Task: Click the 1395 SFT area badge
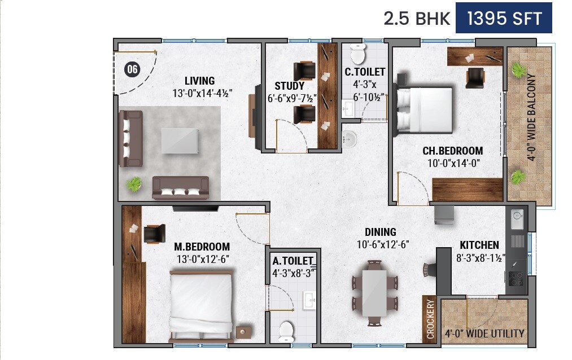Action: (x=504, y=19)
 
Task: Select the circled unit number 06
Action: (x=132, y=70)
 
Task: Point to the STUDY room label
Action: (x=289, y=86)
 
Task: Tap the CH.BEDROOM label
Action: (x=452, y=151)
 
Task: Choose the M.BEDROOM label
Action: (x=202, y=247)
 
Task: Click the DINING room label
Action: (x=380, y=232)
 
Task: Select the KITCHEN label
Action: (x=479, y=245)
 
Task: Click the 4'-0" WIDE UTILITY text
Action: (x=484, y=333)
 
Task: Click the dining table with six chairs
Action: (x=374, y=292)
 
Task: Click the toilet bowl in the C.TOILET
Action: (x=357, y=54)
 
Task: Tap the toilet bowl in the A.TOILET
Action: (x=286, y=330)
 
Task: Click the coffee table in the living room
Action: (x=180, y=140)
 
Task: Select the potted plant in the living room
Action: (x=134, y=184)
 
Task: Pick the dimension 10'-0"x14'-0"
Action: (x=452, y=163)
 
